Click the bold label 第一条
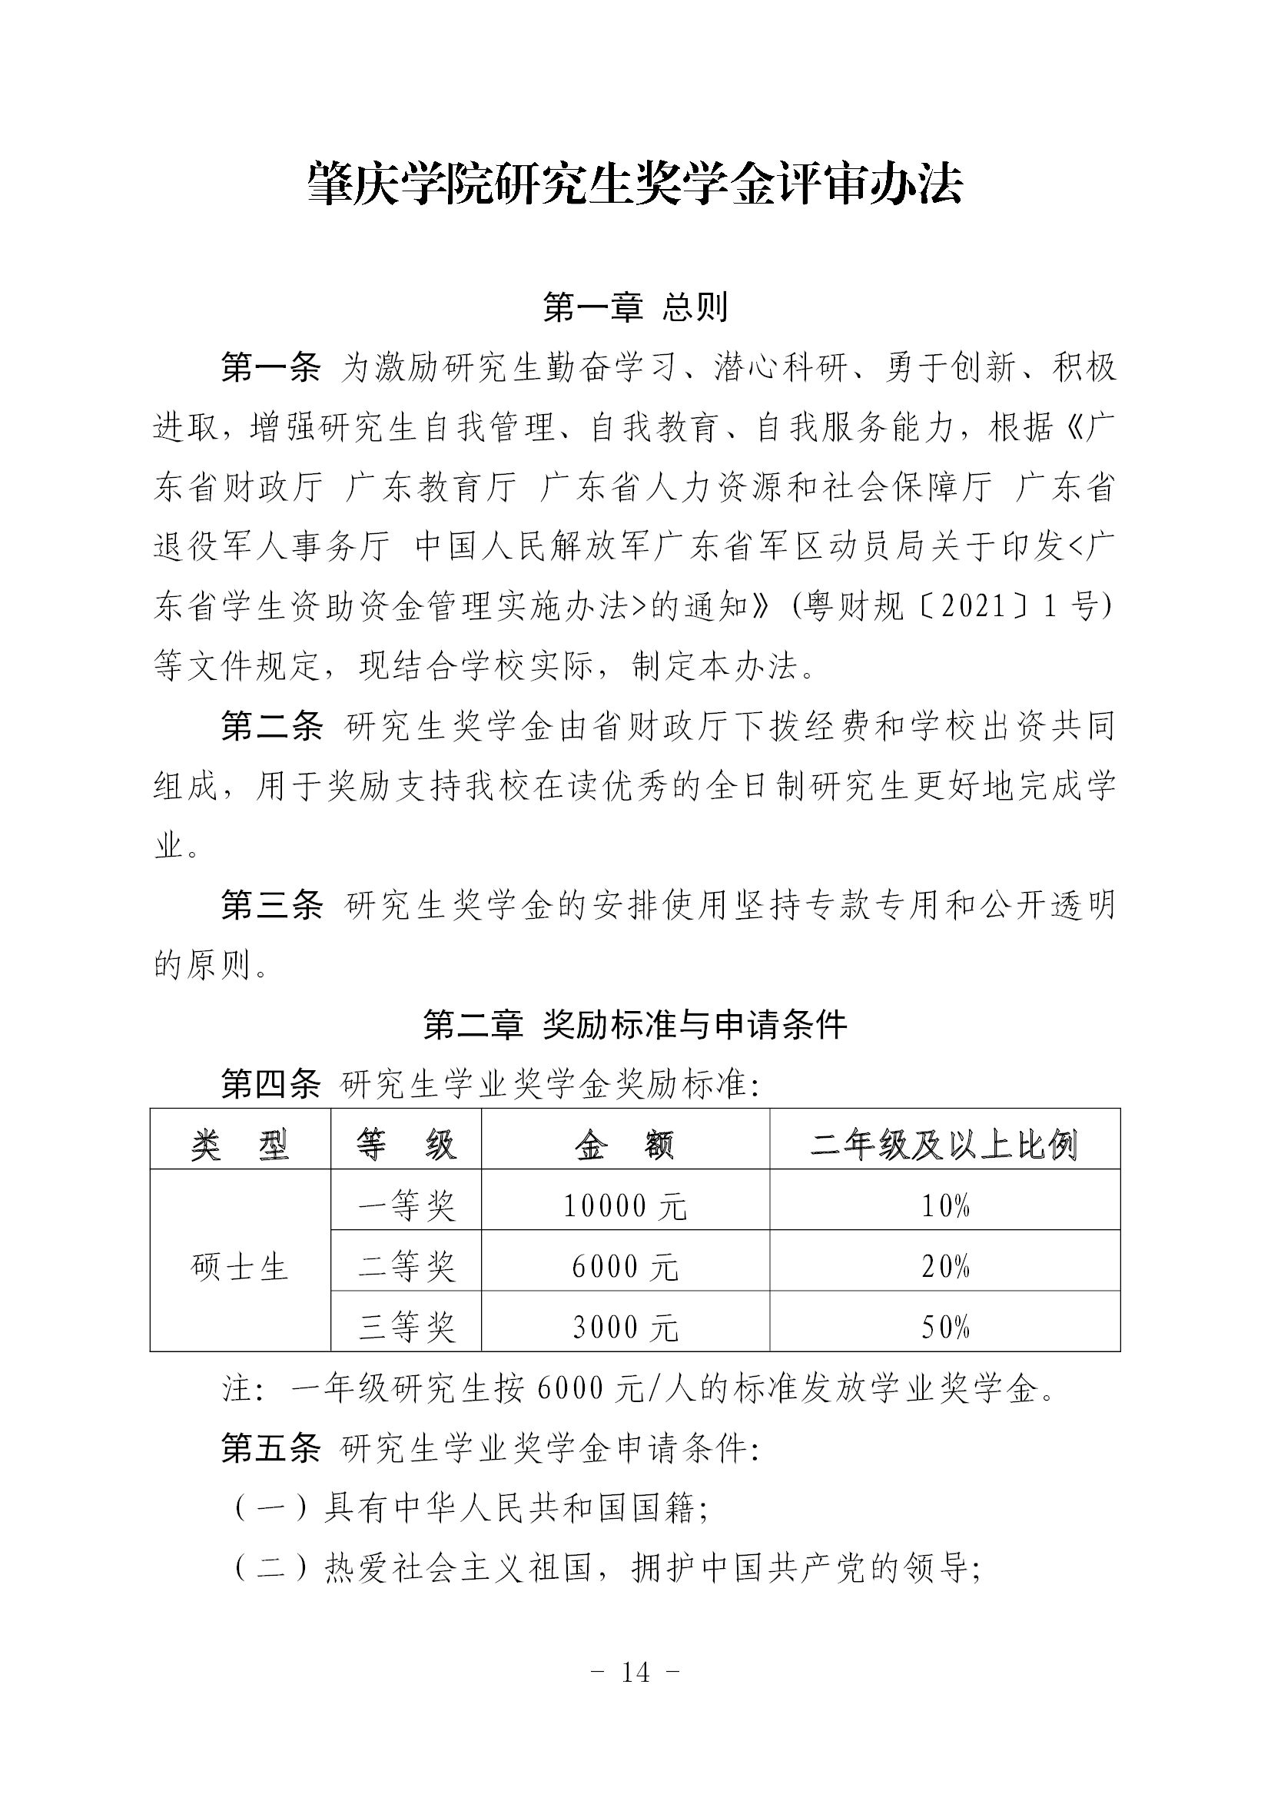270,367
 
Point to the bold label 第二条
270,726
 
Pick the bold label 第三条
270,906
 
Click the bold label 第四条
270,1085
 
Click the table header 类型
240,1146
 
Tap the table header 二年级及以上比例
944,1146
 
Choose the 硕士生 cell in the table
240,1267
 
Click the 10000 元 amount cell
625,1207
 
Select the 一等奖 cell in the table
406,1207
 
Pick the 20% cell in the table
944,1267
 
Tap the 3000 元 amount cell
625,1328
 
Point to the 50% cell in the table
944,1328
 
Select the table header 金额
625,1146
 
